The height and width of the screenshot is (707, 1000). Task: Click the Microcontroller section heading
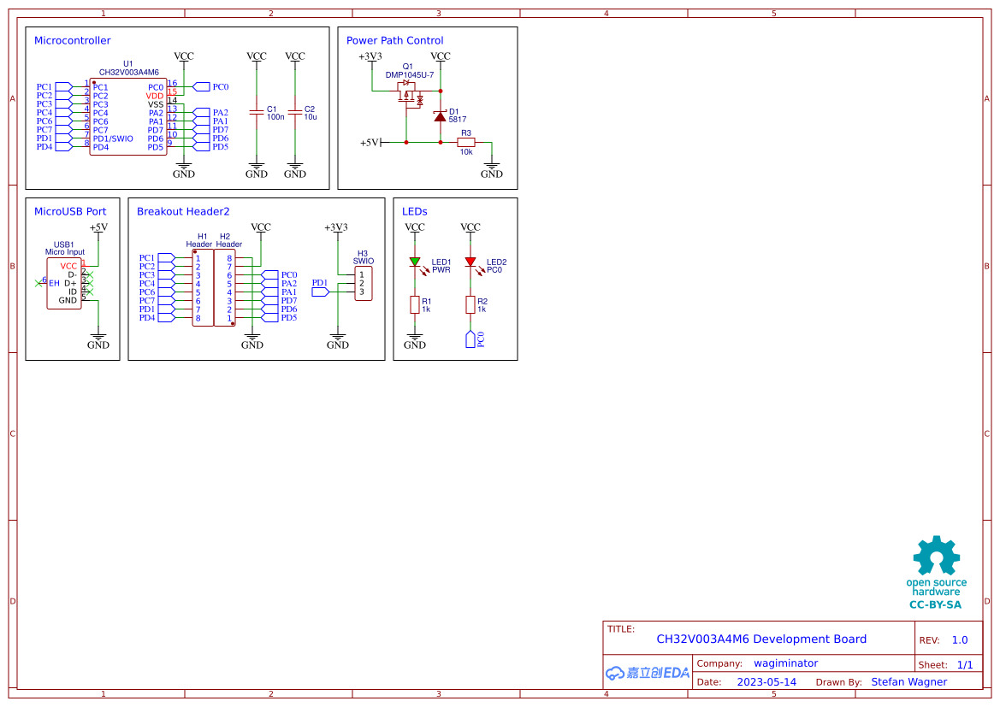tap(72, 40)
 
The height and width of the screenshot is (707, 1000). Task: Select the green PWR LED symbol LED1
tap(415, 262)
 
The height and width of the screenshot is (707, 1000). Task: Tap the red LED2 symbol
tap(470, 262)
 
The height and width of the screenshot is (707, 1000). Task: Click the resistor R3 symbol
tap(466, 142)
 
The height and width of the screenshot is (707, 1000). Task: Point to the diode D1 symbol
tap(440, 116)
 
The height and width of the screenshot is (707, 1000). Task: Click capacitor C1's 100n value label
tap(275, 117)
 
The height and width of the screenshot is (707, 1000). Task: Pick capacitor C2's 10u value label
tap(311, 117)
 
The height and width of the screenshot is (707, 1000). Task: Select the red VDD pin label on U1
tap(155, 96)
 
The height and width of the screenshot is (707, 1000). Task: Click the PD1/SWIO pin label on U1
tap(113, 138)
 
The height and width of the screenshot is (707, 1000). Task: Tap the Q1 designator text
tap(407, 66)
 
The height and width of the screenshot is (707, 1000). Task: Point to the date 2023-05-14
tap(766, 682)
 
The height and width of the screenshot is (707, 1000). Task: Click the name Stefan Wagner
tap(908, 682)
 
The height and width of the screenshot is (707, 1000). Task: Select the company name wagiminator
tap(785, 663)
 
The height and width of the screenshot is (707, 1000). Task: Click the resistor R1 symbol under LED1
tap(415, 304)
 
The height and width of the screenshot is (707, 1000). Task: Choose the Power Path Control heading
tap(394, 40)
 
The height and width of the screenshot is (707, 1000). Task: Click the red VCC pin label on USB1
tap(68, 266)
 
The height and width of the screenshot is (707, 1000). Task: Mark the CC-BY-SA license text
tap(935, 604)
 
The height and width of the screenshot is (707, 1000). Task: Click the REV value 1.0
tap(960, 640)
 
